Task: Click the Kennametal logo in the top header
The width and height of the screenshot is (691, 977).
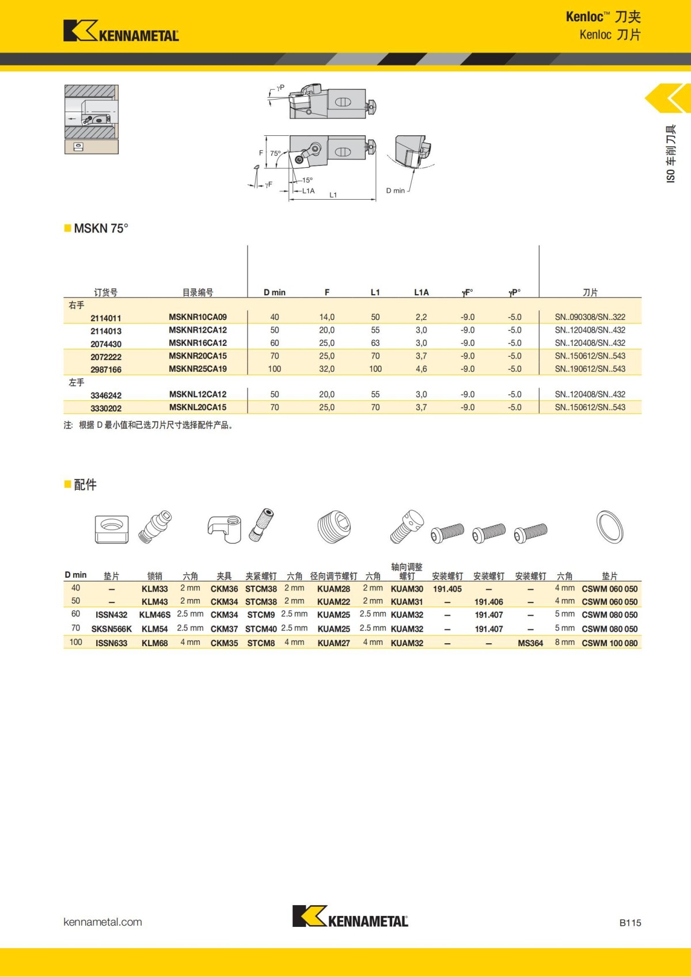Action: click(x=121, y=31)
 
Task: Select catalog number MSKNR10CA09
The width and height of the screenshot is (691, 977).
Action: click(x=198, y=317)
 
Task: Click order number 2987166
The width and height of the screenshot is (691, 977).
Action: click(x=106, y=369)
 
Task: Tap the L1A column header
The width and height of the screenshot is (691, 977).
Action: click(x=421, y=292)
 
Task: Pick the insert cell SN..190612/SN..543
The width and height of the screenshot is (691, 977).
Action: click(x=590, y=369)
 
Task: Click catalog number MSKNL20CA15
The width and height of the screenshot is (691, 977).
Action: click(x=198, y=407)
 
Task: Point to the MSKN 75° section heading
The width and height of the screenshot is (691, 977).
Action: click(x=101, y=228)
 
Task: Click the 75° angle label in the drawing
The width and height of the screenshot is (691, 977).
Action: click(x=276, y=154)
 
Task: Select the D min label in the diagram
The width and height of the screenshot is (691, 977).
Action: click(x=395, y=190)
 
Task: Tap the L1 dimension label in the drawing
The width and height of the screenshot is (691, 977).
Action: click(x=333, y=195)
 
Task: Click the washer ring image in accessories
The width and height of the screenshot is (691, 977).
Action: click(x=610, y=526)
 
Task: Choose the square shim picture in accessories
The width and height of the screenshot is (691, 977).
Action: click(x=111, y=528)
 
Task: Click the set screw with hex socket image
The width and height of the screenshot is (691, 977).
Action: click(x=334, y=526)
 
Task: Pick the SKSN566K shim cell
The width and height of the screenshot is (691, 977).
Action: click(x=111, y=629)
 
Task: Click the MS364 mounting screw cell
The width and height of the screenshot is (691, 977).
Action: click(x=530, y=643)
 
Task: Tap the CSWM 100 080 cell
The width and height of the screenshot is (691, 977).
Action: click(x=609, y=643)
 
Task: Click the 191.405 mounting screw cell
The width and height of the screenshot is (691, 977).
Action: click(x=447, y=589)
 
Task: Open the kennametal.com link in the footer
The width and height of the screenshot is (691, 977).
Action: click(x=102, y=922)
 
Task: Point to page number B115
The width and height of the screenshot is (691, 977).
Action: click(x=630, y=923)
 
